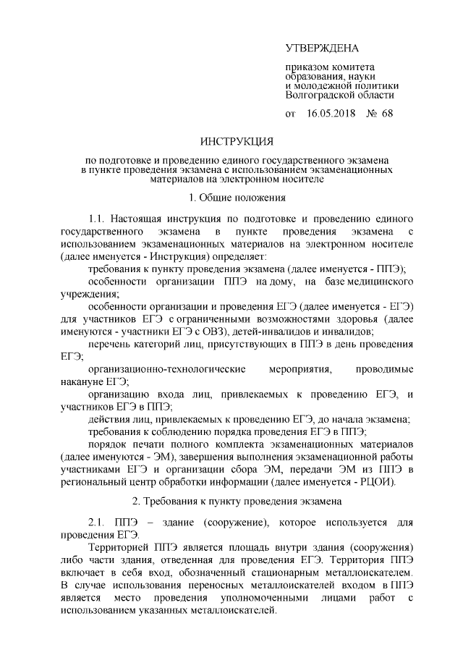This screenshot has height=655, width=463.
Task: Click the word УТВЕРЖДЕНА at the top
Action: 322,48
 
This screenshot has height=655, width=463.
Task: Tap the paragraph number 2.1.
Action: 98,522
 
